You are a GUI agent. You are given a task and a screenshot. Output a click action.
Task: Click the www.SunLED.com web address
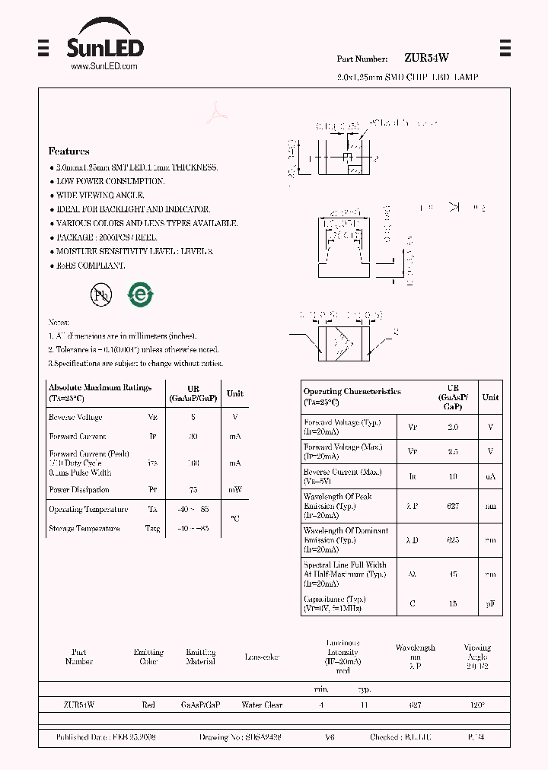point(104,67)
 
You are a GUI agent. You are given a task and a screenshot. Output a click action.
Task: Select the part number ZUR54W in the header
point(426,58)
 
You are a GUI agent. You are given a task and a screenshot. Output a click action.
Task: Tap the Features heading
point(68,151)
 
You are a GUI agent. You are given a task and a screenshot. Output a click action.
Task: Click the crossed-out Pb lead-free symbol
point(100,296)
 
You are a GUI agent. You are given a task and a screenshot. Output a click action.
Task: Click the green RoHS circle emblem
point(140,295)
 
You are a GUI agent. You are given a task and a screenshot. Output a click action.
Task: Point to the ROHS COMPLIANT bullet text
point(91,266)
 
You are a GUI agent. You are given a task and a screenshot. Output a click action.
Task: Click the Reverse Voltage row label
point(75,418)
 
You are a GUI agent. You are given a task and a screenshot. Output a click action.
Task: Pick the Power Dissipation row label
point(78,490)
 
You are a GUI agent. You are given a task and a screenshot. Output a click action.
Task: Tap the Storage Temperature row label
point(84,529)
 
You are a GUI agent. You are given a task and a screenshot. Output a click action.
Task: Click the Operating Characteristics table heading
point(352,392)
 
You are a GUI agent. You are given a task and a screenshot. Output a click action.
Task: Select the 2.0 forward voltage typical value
point(453,428)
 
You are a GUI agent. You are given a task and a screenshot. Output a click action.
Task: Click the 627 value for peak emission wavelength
point(453,505)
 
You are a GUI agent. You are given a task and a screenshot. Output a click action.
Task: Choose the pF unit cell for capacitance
point(491,604)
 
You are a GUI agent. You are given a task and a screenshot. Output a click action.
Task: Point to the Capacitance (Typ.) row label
point(335,600)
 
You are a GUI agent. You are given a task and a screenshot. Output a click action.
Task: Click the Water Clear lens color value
point(262,705)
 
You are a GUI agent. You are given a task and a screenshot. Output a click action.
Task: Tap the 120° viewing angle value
point(477,705)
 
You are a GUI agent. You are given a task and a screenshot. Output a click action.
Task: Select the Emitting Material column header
point(201,657)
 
